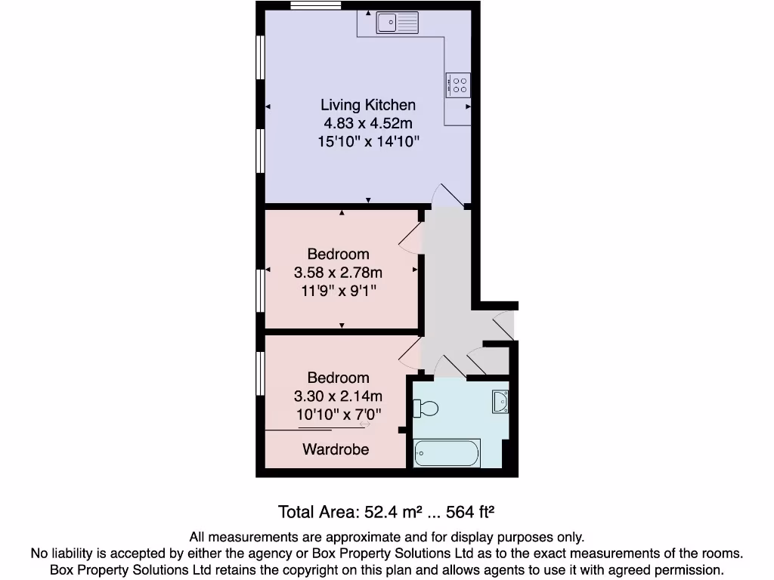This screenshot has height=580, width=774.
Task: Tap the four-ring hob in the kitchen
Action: (x=458, y=85)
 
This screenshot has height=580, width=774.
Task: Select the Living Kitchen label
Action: (x=368, y=105)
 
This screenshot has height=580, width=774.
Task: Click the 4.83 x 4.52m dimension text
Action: (x=368, y=123)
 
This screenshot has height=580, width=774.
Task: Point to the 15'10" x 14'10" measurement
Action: (x=368, y=141)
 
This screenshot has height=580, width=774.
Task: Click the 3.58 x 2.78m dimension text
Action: (x=338, y=272)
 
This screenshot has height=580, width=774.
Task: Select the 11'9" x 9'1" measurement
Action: (x=338, y=290)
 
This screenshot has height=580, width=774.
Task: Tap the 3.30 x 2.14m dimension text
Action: (x=338, y=396)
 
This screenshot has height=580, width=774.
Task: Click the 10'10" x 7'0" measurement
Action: (x=338, y=414)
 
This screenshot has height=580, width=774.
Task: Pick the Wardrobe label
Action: (x=336, y=449)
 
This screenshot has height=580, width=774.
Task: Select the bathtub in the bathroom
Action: (x=447, y=453)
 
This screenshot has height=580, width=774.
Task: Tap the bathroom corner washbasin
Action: (x=500, y=402)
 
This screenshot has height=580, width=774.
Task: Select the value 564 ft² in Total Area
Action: (x=470, y=512)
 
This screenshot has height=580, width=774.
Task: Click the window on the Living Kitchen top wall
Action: (x=315, y=6)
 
